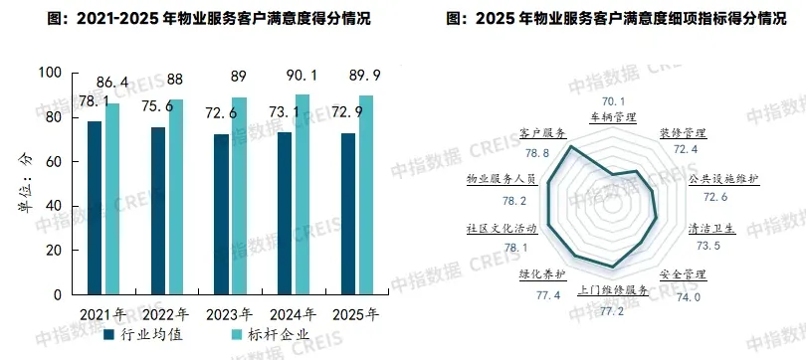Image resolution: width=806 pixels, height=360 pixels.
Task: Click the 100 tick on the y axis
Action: click(x=47, y=74)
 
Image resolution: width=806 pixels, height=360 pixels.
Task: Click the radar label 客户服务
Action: click(x=542, y=133)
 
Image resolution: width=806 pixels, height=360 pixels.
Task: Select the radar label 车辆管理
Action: click(x=613, y=116)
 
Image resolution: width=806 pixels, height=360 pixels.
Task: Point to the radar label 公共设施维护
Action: click(x=723, y=179)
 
